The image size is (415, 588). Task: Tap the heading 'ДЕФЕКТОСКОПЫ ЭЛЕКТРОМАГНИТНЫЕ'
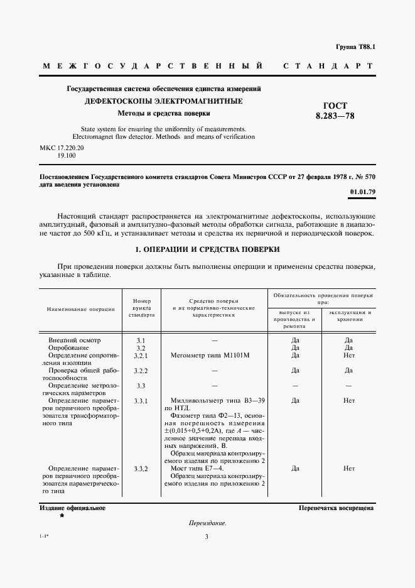tap(164, 101)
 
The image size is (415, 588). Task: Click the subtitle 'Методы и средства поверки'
tap(164, 113)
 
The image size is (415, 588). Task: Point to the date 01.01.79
tap(362, 192)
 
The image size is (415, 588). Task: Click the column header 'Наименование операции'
tap(80, 309)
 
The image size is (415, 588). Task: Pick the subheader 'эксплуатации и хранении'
tap(350, 315)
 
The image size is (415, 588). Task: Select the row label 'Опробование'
tap(69, 348)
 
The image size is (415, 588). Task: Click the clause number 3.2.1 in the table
tap(141, 356)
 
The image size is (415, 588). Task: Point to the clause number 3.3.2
tap(141, 469)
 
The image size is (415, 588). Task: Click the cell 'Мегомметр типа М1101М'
tap(210, 356)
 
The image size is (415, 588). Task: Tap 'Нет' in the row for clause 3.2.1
tap(350, 356)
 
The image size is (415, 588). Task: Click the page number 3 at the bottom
tap(207, 536)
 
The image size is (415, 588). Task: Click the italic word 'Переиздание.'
tap(207, 523)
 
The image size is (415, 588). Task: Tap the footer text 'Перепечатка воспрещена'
tap(337, 508)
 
